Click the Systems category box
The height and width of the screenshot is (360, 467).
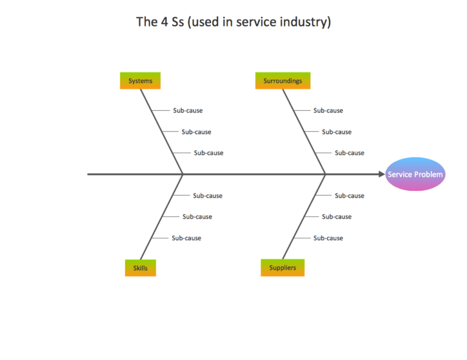click(x=140, y=81)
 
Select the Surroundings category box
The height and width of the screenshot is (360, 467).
click(x=282, y=81)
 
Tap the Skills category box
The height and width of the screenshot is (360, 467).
click(x=140, y=268)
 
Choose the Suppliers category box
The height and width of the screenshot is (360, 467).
click(x=282, y=268)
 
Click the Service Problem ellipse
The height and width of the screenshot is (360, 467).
click(x=416, y=175)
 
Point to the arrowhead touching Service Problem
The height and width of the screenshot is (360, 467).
click(x=381, y=175)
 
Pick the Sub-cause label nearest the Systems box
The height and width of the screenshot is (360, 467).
click(x=188, y=111)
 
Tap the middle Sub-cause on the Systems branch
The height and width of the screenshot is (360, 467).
click(x=196, y=132)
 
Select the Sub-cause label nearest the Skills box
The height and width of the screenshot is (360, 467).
click(x=186, y=238)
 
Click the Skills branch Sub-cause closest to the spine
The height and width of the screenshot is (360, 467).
click(x=208, y=196)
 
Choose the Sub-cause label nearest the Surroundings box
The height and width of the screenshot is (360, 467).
click(x=328, y=111)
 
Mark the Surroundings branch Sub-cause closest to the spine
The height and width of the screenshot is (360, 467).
click(x=350, y=153)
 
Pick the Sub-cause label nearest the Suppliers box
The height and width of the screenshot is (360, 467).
click(x=328, y=238)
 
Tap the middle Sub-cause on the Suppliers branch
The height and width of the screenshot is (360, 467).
click(x=337, y=217)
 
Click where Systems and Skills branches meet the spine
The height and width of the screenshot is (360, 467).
click(x=183, y=175)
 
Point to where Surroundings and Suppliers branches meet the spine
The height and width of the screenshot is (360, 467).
click(x=325, y=175)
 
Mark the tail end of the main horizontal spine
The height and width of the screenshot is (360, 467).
click(x=89, y=175)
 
